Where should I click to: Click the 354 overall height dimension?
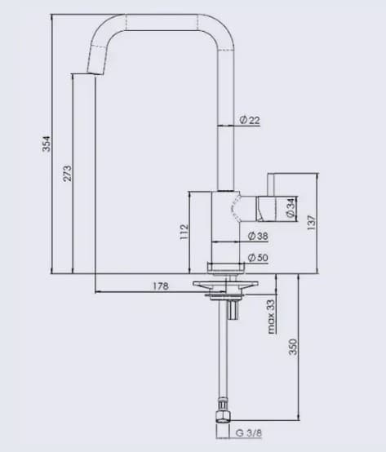pyautogui.click(x=46, y=144)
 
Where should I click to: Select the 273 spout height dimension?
pyautogui.click(x=67, y=173)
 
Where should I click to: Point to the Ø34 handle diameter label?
pyautogui.click(x=290, y=208)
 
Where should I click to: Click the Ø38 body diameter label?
pyautogui.click(x=257, y=236)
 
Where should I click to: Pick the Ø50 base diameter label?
pyautogui.click(x=257, y=258)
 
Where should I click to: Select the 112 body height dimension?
pyautogui.click(x=184, y=232)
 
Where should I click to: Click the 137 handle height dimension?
pyautogui.click(x=311, y=222)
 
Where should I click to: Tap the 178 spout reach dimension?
pyautogui.click(x=161, y=286)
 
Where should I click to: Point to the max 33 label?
pyautogui.click(x=270, y=315)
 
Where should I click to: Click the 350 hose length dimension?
pyautogui.click(x=292, y=347)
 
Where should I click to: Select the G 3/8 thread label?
pyautogui.click(x=250, y=432)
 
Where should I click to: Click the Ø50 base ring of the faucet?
pyautogui.click(x=225, y=267)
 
